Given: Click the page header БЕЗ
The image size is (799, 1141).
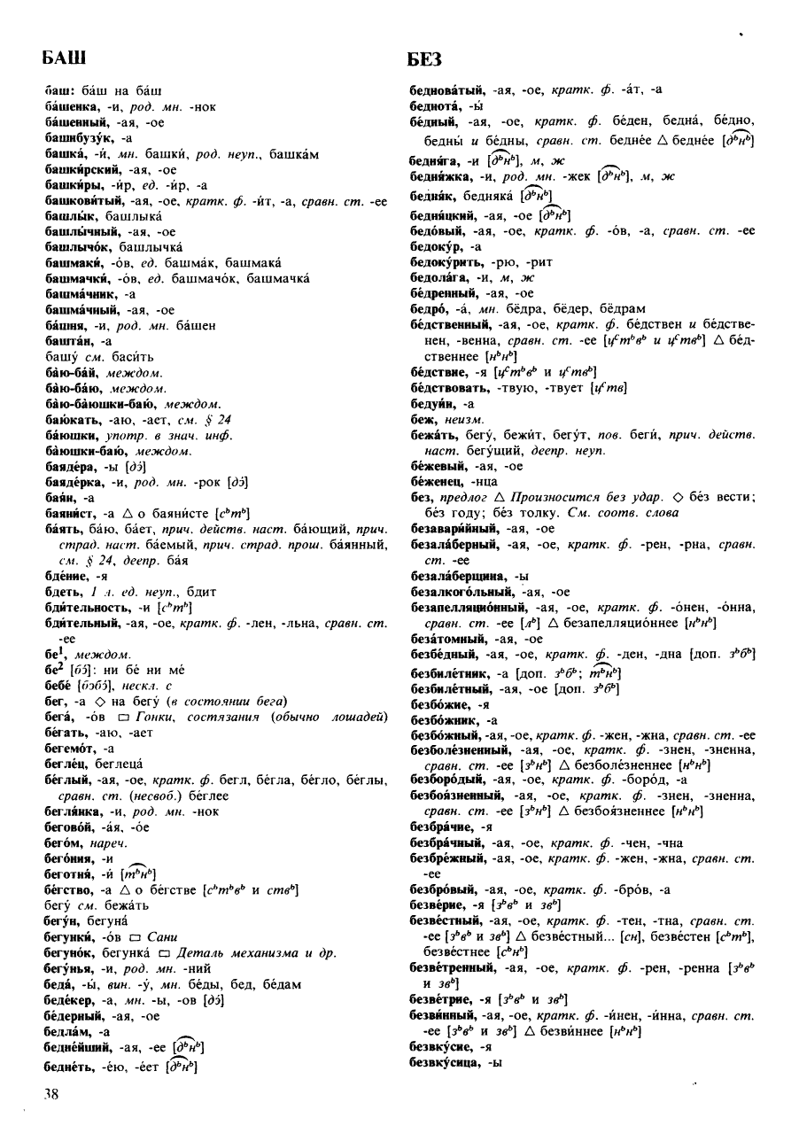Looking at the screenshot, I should [425, 59].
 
